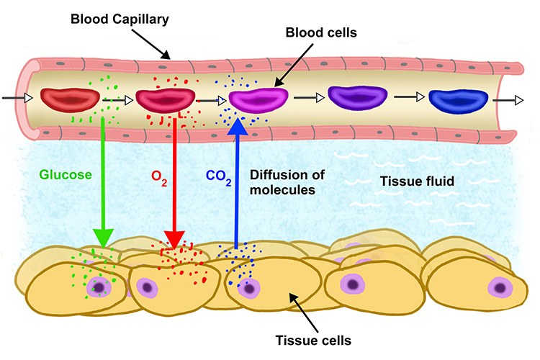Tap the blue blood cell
[x=458, y=99]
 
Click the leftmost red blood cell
[x=66, y=99]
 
